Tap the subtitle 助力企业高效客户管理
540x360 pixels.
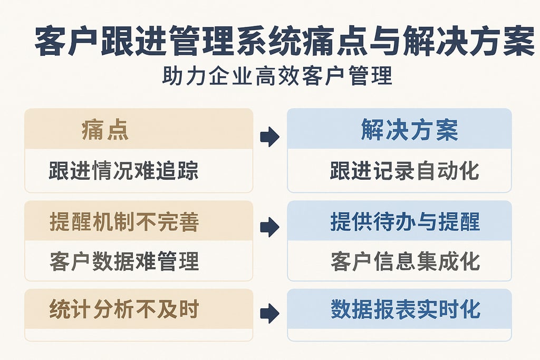click(x=278, y=76)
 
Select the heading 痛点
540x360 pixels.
click(x=105, y=130)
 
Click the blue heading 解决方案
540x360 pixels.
click(x=409, y=130)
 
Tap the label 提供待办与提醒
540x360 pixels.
click(x=405, y=222)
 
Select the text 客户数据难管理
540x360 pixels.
click(x=124, y=261)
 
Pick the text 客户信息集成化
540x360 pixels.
click(x=405, y=261)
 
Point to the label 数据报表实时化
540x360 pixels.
click(x=406, y=309)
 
